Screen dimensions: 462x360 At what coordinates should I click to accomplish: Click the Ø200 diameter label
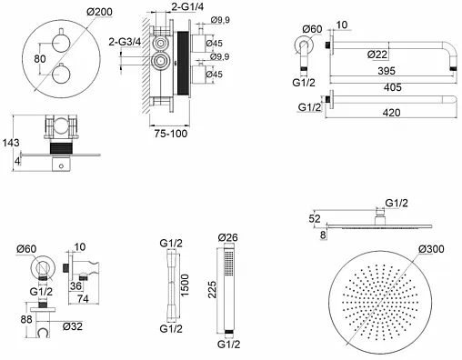pyautogui.click(x=99, y=12)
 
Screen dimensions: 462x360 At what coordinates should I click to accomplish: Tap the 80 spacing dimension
pyautogui.click(x=40, y=59)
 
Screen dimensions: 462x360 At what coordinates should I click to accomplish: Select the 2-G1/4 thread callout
pyautogui.click(x=187, y=6)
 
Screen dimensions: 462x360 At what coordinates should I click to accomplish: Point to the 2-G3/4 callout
pyautogui.click(x=125, y=42)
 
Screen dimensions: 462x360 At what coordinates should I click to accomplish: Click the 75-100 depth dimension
pyautogui.click(x=171, y=134)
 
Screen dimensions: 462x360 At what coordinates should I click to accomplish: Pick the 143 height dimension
pyautogui.click(x=11, y=143)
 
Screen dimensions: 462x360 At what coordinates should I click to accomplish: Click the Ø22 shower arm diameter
pyautogui.click(x=377, y=55)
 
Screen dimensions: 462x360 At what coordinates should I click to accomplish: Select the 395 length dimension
pyautogui.click(x=387, y=71)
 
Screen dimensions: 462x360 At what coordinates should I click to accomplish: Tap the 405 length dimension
pyautogui.click(x=393, y=87)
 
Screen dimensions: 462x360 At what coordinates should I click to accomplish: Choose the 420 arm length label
pyautogui.click(x=391, y=113)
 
